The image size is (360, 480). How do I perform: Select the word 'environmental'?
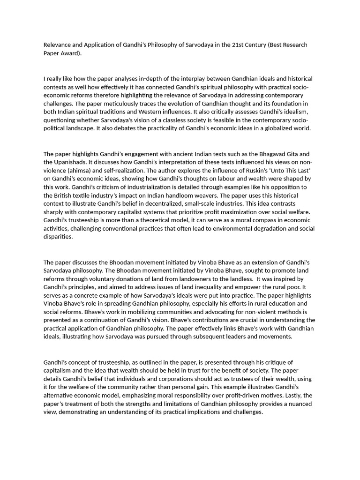(225, 229)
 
